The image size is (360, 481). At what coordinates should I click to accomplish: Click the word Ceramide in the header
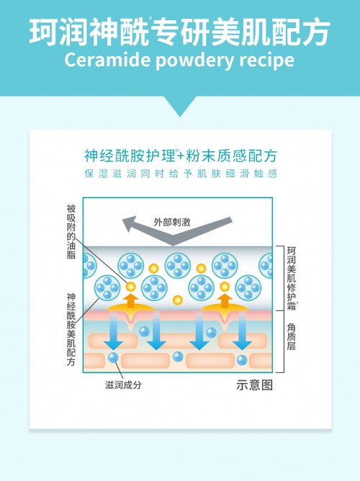(x=107, y=60)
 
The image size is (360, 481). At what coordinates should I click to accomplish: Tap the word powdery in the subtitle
(x=195, y=61)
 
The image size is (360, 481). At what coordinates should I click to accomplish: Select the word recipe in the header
(x=267, y=60)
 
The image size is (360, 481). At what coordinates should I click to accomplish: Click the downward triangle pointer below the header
(x=180, y=106)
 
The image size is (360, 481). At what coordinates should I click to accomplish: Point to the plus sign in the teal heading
(x=181, y=156)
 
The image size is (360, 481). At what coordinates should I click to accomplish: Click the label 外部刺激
(x=172, y=222)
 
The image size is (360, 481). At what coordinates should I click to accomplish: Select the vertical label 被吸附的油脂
(x=71, y=232)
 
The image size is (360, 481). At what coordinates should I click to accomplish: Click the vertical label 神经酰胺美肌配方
(x=71, y=330)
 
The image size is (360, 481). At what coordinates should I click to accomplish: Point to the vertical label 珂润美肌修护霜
(x=292, y=278)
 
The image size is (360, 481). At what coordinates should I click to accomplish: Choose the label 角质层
(x=292, y=336)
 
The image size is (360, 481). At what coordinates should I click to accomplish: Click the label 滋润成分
(x=123, y=385)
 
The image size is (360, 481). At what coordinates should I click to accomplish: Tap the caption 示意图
(x=254, y=385)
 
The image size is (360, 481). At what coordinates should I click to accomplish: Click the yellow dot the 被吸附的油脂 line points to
(x=130, y=287)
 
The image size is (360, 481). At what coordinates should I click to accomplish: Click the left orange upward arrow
(x=130, y=300)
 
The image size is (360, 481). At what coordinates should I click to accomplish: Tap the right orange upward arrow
(x=225, y=300)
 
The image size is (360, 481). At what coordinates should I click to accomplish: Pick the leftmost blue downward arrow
(x=114, y=331)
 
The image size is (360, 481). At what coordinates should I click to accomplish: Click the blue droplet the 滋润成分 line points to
(x=113, y=358)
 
